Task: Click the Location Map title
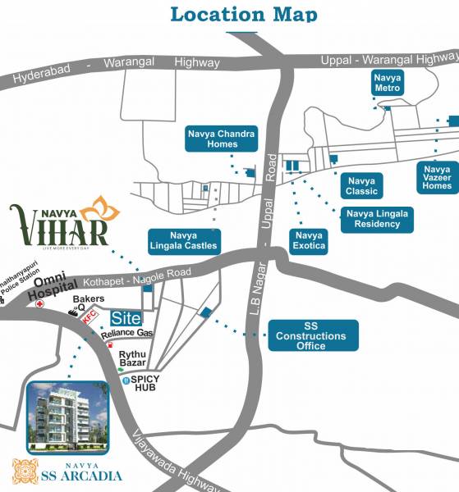click(243, 14)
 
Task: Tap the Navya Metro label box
click(386, 82)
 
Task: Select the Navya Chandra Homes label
click(211, 139)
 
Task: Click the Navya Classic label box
click(361, 185)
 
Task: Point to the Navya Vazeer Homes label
click(437, 176)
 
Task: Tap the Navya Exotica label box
click(309, 240)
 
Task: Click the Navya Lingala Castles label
click(184, 240)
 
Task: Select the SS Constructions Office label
click(312, 335)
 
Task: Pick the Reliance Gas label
click(127, 333)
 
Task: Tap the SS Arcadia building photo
click(66, 418)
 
